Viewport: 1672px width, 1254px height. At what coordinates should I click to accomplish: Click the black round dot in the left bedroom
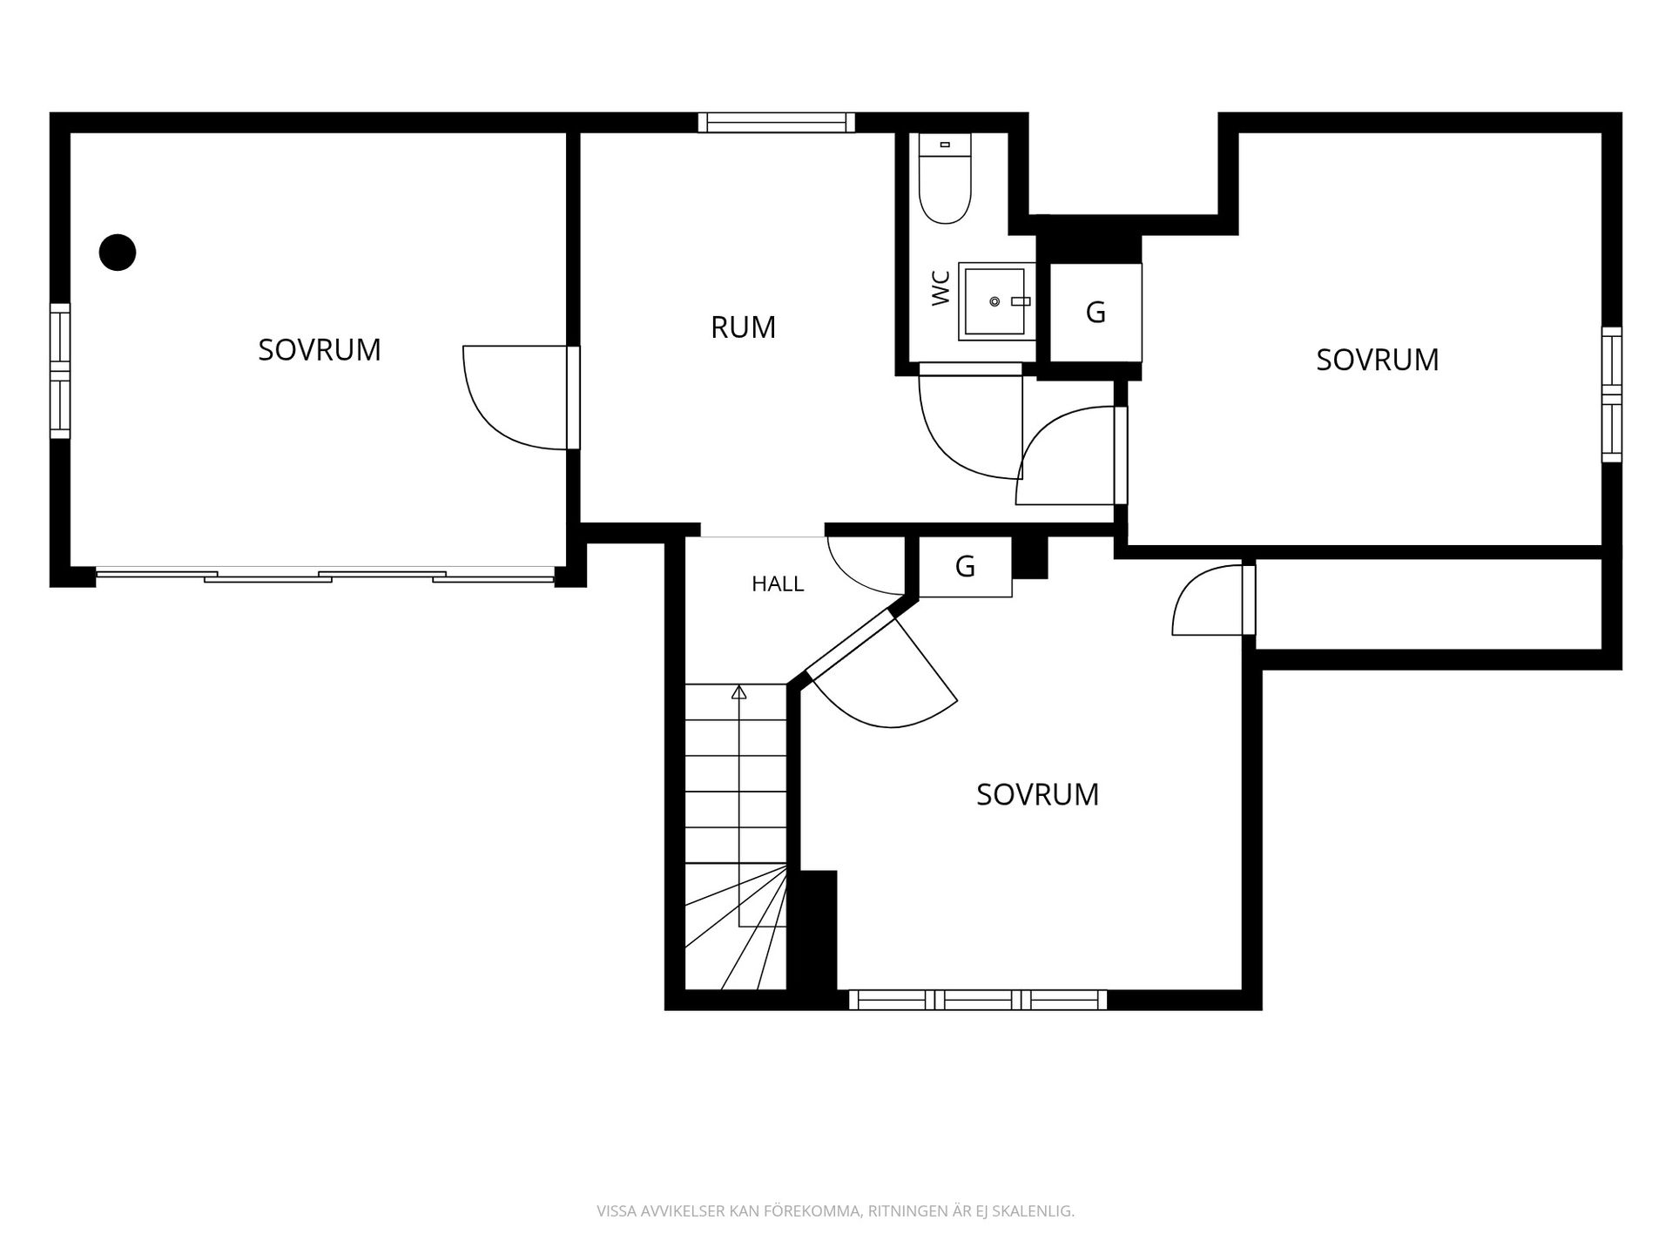[x=118, y=253]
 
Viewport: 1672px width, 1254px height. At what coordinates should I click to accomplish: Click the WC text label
[x=940, y=288]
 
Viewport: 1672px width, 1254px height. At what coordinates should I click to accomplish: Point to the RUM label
[x=743, y=327]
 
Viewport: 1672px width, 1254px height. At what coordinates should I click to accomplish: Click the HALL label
[x=778, y=584]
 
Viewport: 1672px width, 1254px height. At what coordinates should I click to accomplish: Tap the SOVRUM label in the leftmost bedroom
[x=320, y=350]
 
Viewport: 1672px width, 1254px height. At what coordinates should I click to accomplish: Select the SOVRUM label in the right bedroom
[x=1378, y=361]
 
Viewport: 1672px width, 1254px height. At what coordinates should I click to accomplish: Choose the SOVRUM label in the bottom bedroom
[x=1037, y=795]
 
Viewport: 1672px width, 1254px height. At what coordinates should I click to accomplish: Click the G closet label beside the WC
[x=1096, y=312]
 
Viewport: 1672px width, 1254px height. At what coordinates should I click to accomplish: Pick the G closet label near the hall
[x=965, y=567]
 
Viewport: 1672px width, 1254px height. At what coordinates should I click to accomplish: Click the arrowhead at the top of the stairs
[x=739, y=692]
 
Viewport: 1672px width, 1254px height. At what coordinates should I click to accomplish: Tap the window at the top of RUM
[x=777, y=123]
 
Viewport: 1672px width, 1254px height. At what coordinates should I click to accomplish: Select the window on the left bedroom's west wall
[x=59, y=371]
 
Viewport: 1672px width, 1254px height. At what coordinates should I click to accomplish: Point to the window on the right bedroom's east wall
[x=1612, y=394]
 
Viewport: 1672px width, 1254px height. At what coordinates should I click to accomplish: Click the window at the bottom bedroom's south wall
[x=978, y=1000]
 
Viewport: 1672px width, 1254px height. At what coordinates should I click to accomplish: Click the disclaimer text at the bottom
[x=836, y=1211]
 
